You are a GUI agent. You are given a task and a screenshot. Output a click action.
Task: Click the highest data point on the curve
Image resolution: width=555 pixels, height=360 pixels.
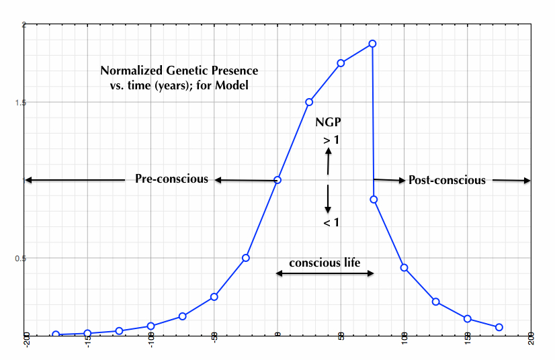tap(372, 44)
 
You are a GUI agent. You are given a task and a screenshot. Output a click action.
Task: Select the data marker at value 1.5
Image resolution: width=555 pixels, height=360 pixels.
tap(309, 102)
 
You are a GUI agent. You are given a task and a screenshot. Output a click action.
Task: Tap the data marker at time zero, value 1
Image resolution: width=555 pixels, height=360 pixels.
tap(277, 180)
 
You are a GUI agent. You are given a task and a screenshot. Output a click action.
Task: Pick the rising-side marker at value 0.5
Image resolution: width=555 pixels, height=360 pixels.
tap(246, 258)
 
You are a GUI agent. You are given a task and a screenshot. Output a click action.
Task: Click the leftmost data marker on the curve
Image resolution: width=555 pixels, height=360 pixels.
tap(56, 334)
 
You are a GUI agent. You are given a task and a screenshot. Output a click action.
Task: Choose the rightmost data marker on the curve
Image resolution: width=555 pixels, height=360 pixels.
tap(499, 327)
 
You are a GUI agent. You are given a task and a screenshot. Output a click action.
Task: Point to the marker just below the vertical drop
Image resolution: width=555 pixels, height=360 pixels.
tap(374, 199)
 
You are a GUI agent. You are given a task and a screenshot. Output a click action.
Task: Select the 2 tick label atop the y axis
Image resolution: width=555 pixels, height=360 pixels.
tap(24, 25)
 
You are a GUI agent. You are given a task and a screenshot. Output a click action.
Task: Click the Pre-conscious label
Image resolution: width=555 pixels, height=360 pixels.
tap(171, 179)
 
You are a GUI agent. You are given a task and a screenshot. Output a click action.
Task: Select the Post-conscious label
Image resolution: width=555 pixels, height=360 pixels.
tap(447, 180)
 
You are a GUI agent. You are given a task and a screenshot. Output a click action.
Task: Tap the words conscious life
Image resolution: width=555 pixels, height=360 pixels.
tap(325, 263)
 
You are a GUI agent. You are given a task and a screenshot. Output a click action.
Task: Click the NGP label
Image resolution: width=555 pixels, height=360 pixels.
tap(327, 123)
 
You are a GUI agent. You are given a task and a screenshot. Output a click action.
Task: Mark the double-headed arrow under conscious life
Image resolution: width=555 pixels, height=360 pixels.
tap(325, 273)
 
